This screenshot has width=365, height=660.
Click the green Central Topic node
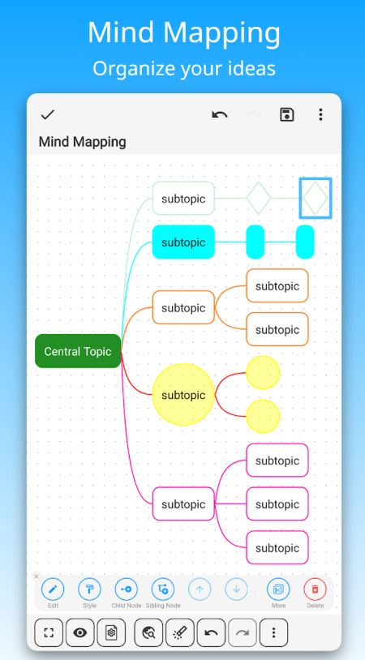(78, 351)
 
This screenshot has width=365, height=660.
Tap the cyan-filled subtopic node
(183, 242)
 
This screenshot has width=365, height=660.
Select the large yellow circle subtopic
(183, 394)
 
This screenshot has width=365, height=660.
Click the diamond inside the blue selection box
(316, 199)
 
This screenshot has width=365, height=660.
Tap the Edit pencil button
(53, 589)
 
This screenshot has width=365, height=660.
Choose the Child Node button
(127, 589)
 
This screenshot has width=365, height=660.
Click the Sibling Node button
(163, 589)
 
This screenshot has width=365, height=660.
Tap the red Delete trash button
(315, 589)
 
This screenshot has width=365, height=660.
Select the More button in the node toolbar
(278, 589)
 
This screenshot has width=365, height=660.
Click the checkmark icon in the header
(48, 114)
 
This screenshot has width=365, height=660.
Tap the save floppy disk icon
(286, 114)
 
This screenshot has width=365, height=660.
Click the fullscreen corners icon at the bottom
(49, 632)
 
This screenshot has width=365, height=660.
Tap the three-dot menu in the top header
(320, 114)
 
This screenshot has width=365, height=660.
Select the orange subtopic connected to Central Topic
(183, 307)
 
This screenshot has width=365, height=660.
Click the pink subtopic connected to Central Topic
(183, 504)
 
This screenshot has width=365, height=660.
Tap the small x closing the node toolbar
(36, 576)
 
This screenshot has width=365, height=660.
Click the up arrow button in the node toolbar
(200, 589)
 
